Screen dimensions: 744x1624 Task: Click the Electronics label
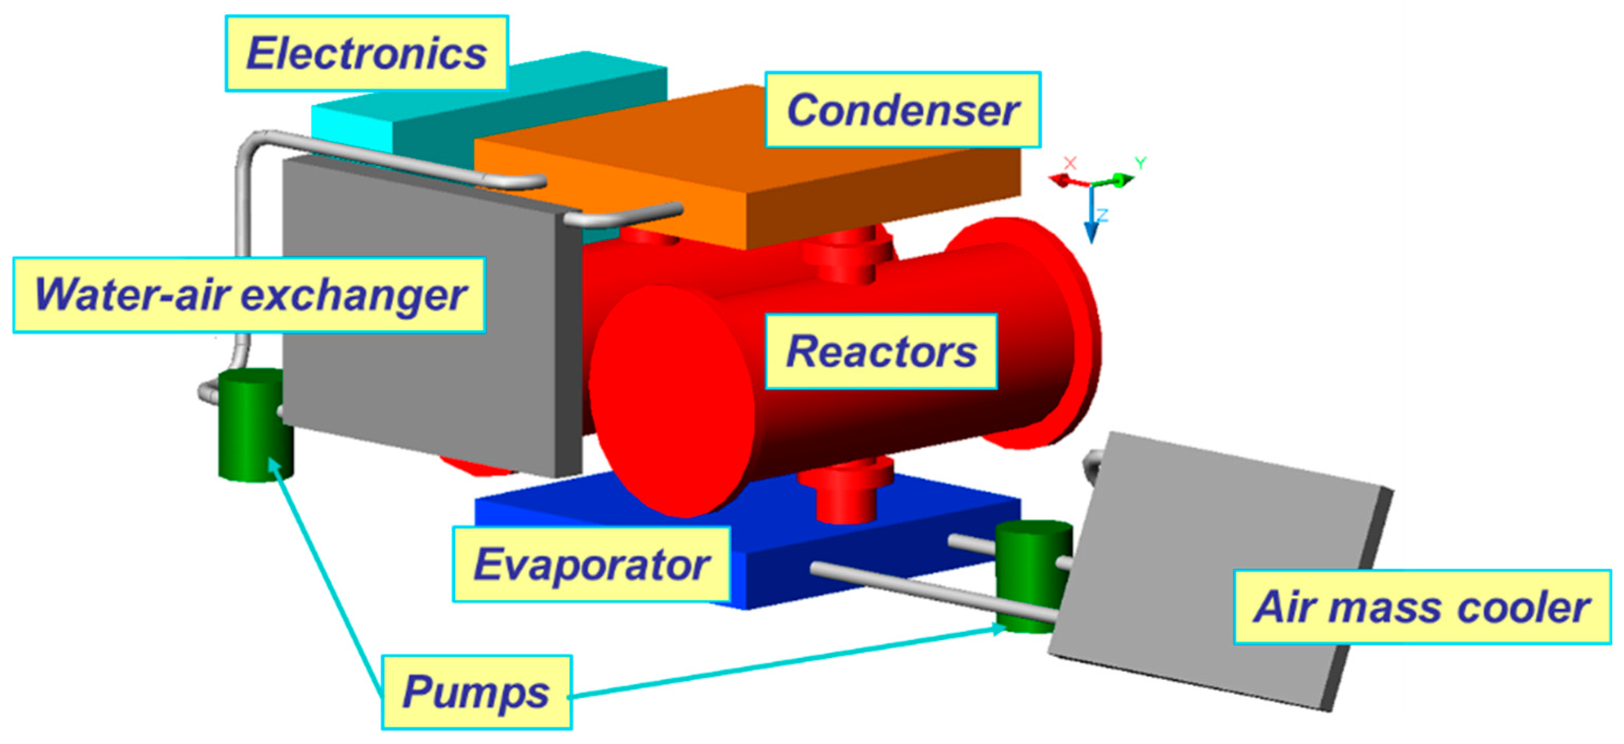point(366,53)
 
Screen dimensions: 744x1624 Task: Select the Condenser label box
point(902,110)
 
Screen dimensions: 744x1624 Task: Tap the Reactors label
point(881,351)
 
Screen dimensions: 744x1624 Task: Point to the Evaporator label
point(592,565)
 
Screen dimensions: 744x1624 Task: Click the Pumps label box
point(476,692)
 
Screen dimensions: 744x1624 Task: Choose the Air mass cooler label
point(1421,607)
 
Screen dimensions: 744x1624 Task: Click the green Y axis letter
point(1140,163)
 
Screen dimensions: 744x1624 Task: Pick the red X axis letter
point(1070,163)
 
